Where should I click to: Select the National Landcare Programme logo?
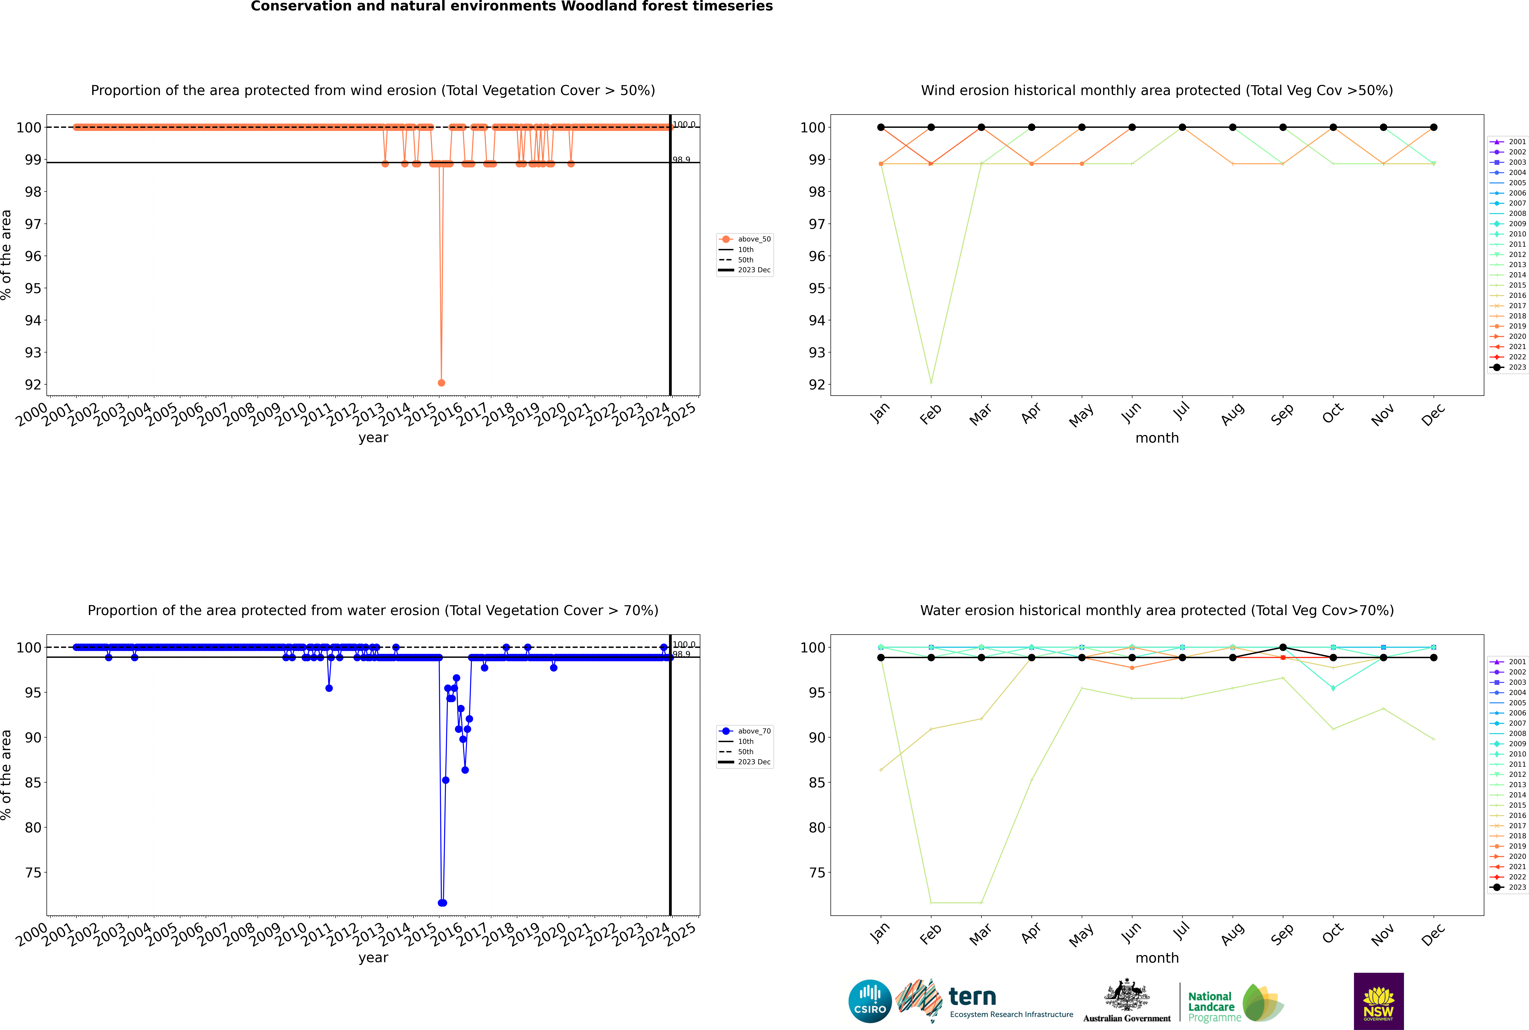click(x=1235, y=1003)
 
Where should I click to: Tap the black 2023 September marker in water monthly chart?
click(x=1283, y=648)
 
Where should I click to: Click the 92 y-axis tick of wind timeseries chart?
click(x=32, y=385)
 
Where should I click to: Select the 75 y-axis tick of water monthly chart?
click(x=816, y=873)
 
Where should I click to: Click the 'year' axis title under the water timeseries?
click(x=373, y=958)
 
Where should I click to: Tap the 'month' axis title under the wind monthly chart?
click(x=1157, y=438)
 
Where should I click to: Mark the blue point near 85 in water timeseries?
click(x=446, y=780)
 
